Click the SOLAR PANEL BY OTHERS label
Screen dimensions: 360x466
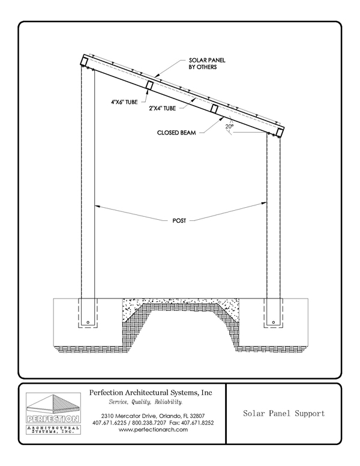[x=207, y=64]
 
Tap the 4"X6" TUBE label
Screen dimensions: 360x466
[x=124, y=102]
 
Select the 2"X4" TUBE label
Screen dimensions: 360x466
[x=162, y=109]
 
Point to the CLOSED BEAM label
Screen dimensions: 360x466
[x=176, y=133]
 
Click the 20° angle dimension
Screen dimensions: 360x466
[x=229, y=126]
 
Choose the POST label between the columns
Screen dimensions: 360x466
[x=179, y=221]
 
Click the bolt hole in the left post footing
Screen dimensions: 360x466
[x=88, y=322]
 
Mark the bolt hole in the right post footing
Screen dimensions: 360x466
[x=273, y=322]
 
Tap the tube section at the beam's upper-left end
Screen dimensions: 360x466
[x=83, y=61]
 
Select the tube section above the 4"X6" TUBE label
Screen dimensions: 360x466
[x=149, y=85]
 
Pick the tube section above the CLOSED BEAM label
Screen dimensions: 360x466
[x=214, y=109]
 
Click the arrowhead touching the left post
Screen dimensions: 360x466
[x=97, y=205]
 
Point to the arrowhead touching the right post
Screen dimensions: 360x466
[x=264, y=204]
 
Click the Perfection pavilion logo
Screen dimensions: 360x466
[x=53, y=413]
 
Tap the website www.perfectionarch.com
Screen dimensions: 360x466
[x=153, y=429]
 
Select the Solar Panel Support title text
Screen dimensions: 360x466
[x=284, y=413]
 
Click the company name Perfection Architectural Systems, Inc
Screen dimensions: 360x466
[x=151, y=393]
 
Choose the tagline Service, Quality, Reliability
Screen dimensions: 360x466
[x=146, y=402]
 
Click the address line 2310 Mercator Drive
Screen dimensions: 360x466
[x=153, y=416]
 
